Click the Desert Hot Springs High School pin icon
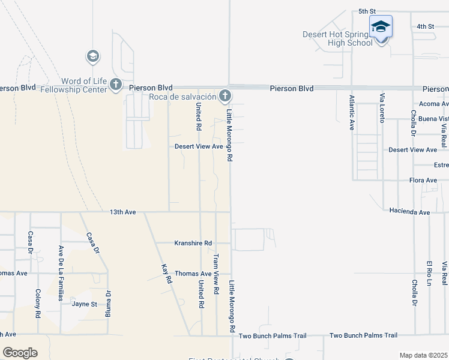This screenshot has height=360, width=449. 381,28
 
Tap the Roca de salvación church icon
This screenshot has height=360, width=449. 224,95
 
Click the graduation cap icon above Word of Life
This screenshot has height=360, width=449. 92,56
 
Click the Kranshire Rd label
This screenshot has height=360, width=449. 193,243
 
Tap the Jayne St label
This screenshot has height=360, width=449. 85,304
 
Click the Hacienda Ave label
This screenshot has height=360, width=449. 409,212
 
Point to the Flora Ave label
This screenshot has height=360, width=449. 423,180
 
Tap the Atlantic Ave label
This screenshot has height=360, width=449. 352,114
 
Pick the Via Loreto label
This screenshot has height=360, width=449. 381,109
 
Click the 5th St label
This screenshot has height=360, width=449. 367,11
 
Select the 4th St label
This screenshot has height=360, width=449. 425,26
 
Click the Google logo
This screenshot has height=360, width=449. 20,353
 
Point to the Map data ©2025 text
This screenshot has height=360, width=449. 423,355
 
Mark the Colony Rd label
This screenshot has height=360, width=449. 37,304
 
